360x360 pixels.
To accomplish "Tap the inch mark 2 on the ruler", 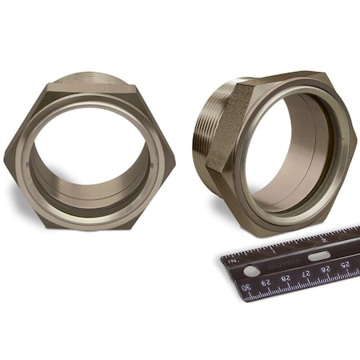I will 323,238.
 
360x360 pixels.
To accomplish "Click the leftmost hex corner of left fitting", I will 6,156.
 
